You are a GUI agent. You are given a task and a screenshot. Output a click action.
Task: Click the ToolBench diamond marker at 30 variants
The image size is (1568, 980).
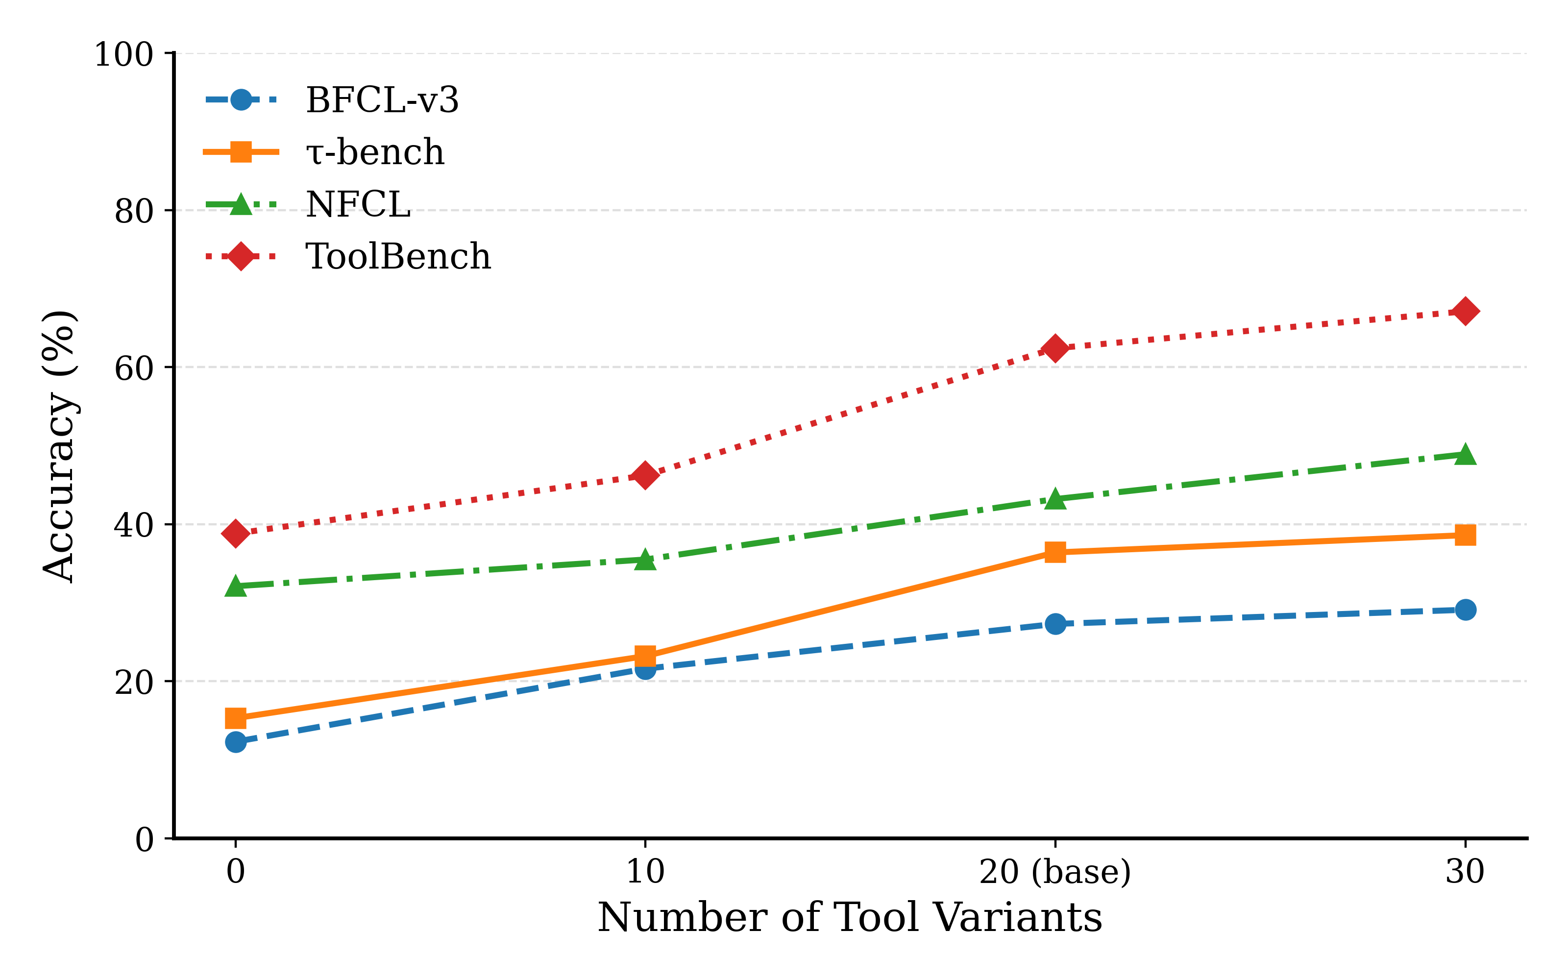click(x=1465, y=312)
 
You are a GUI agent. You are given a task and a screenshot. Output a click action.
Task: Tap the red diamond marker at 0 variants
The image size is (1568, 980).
click(x=236, y=534)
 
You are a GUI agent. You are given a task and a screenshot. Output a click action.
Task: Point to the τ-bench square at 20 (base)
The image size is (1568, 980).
click(x=1055, y=552)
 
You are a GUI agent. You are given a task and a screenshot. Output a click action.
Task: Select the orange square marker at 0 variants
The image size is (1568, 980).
click(x=236, y=718)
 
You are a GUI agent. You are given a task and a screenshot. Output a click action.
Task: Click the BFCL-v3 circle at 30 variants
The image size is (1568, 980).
click(x=1465, y=610)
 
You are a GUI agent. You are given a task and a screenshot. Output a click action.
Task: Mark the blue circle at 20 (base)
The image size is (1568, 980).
click(x=1055, y=624)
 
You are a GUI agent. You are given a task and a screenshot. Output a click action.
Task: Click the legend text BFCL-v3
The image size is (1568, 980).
click(x=382, y=100)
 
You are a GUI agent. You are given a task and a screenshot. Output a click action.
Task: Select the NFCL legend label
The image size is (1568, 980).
click(x=358, y=205)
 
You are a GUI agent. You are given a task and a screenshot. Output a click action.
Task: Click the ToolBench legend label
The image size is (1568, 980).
click(x=398, y=257)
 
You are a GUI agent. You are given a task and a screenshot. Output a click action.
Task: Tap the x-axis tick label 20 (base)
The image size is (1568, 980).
click(x=1055, y=872)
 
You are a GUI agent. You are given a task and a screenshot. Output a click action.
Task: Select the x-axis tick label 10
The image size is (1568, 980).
click(x=645, y=872)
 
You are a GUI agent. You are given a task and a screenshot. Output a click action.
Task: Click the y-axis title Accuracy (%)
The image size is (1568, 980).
click(x=60, y=447)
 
